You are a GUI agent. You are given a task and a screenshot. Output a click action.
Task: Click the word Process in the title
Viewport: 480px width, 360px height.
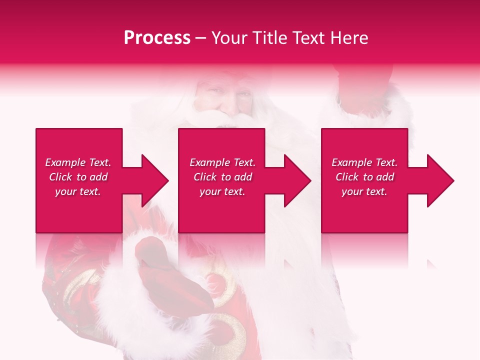[157, 38]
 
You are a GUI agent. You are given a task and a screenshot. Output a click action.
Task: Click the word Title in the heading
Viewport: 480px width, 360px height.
[269, 38]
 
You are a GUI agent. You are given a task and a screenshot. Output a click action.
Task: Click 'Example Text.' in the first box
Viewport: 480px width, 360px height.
[78, 162]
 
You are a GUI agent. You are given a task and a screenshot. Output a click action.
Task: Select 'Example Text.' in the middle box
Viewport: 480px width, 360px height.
[222, 162]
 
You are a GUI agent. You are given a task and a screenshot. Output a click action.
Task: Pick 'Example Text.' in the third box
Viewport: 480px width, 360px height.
[364, 162]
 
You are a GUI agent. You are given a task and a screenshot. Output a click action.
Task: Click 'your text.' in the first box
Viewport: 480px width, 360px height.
[78, 191]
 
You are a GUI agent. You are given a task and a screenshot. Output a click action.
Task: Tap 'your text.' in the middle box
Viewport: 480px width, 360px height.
[222, 191]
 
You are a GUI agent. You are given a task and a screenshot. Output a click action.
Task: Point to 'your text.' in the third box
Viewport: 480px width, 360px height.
[364, 191]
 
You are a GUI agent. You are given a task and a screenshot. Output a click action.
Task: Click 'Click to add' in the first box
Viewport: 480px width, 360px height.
[78, 177]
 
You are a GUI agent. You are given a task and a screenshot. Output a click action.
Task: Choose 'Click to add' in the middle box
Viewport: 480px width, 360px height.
[222, 177]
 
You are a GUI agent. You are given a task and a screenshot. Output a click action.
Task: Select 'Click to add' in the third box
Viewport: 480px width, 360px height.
[364, 177]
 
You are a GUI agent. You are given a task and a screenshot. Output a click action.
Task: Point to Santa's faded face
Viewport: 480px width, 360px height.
[225, 97]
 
